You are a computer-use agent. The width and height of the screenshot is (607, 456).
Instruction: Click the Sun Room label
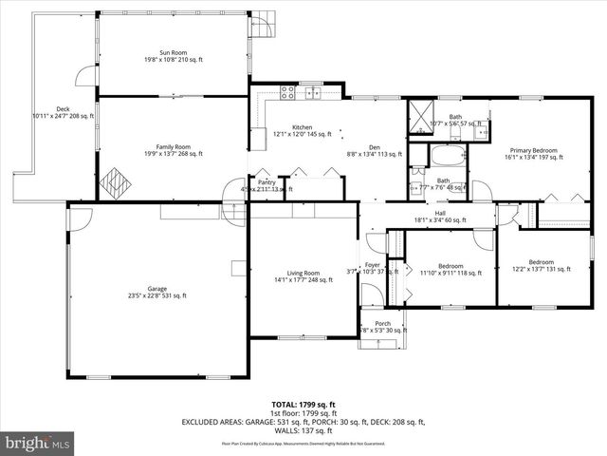coord(173,54)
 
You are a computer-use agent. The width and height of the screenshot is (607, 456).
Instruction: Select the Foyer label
coord(373,266)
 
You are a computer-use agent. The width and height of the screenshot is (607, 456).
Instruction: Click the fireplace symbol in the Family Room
coord(116,180)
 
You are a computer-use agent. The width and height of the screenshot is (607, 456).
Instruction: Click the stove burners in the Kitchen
coord(287,93)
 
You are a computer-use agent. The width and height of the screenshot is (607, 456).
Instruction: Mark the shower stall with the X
coord(419,116)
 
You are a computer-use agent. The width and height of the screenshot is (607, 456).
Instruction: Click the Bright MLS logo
coord(39,443)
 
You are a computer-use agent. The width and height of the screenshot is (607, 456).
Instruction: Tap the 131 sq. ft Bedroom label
coord(541,265)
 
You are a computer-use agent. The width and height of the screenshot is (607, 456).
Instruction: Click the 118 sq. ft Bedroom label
coord(451,269)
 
